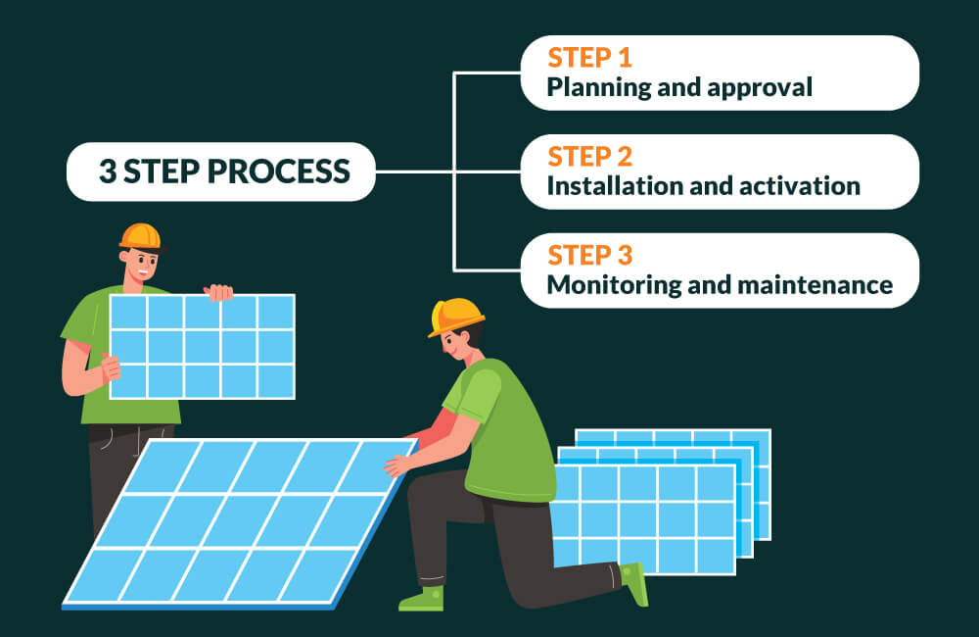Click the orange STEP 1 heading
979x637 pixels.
tap(589, 58)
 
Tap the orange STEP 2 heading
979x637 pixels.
tap(589, 157)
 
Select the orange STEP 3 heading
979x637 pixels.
tap(589, 256)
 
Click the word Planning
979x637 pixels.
tap(599, 88)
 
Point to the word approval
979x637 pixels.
tap(760, 88)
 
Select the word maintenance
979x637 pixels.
tap(815, 286)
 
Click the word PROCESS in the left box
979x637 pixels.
tap(278, 171)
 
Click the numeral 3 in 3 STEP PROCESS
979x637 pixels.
tap(108, 171)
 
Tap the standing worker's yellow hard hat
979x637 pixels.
tap(140, 237)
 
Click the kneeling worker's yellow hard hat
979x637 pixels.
tap(455, 317)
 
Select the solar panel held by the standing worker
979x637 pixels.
tap(203, 347)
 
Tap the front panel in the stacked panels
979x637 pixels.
tap(643, 518)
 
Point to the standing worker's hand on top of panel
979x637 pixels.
tap(218, 292)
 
